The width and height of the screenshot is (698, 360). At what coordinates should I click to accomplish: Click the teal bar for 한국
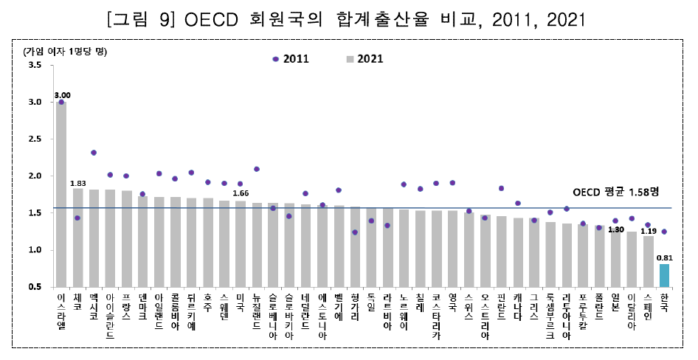[664, 275]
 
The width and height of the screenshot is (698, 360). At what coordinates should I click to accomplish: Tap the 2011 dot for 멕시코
[94, 153]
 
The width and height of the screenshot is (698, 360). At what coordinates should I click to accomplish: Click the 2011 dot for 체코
[77, 218]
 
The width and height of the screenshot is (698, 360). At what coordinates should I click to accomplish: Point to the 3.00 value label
[62, 95]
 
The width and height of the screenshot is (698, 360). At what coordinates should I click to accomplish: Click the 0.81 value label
[664, 257]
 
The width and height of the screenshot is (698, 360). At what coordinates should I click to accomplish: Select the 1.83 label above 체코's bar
[78, 182]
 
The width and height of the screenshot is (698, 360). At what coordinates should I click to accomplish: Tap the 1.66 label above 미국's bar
[241, 194]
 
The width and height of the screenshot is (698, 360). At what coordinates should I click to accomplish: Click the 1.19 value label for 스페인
[648, 230]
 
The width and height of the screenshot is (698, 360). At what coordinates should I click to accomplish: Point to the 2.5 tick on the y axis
[34, 139]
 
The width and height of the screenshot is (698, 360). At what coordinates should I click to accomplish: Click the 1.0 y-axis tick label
[34, 250]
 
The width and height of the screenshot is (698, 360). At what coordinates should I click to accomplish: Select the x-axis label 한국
[664, 302]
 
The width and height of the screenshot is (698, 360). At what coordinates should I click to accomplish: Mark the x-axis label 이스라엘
[61, 311]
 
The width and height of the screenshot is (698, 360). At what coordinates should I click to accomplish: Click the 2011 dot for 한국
[664, 232]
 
